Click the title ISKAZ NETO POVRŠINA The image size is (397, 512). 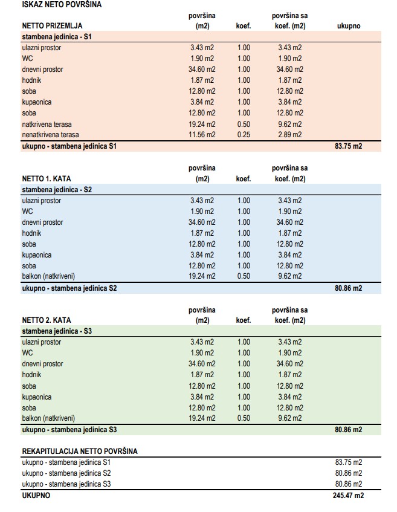tap(62, 5)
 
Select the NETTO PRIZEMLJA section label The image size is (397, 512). tap(52, 26)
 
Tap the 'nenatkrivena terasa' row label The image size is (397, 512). tap(50, 135)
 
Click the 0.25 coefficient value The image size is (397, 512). tap(244, 135)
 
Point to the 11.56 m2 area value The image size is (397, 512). tap(202, 135)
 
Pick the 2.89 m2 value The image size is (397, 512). tap(290, 135)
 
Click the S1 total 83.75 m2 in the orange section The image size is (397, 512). tap(348, 146)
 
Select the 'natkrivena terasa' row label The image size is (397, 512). tap(47, 125)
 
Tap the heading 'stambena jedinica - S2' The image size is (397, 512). tap(57, 190)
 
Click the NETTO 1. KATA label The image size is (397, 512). tap(47, 178)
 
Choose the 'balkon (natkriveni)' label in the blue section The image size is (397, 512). tap(48, 276)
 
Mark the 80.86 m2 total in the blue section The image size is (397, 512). tap(348, 288)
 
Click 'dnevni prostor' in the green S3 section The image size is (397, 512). tap(42, 364)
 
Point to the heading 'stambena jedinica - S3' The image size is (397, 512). tap(57, 331)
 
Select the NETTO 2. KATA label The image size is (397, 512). tap(47, 320)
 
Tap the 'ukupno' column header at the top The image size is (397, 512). tap(349, 26)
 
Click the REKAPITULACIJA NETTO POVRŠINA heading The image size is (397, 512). tap(80, 452)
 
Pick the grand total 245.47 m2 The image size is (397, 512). tap(348, 495)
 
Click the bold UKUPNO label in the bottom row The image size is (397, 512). tap(36, 495)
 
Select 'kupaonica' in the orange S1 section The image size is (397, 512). tap(37, 102)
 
